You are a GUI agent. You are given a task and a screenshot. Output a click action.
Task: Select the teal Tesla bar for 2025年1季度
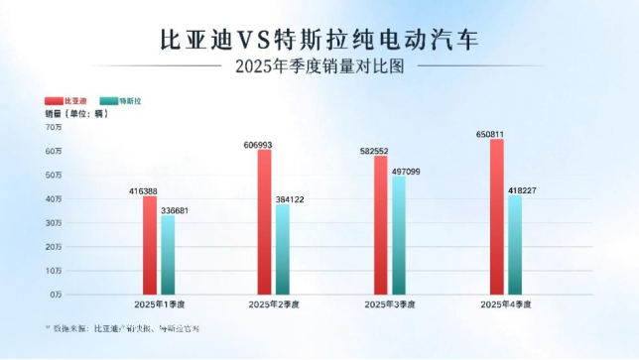pyautogui.click(x=168, y=255)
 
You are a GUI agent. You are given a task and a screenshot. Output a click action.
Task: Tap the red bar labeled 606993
pyautogui.click(x=264, y=222)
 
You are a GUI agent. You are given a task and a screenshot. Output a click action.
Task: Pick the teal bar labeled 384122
pyautogui.click(x=283, y=249)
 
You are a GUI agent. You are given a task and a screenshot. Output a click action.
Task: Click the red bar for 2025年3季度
pyautogui.click(x=380, y=225)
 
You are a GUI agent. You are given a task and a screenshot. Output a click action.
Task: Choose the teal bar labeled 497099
pyautogui.click(x=399, y=236)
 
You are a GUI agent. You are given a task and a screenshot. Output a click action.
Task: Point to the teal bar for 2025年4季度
pyautogui.click(x=515, y=245)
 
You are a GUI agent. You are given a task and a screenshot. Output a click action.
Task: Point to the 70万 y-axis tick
pyautogui.click(x=54, y=127)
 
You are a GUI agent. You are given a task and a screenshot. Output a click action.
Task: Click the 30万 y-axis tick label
pyautogui.click(x=54, y=223)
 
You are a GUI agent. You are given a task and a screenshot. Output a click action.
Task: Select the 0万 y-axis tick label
pyautogui.click(x=56, y=295)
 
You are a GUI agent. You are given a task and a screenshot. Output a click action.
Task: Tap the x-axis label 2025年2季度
pyautogui.click(x=274, y=304)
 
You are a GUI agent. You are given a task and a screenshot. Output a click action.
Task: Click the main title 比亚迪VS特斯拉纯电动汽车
pyautogui.click(x=319, y=40)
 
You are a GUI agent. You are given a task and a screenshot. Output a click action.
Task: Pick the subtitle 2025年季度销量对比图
pyautogui.click(x=320, y=67)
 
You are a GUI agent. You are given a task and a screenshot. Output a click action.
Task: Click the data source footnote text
pyautogui.click(x=120, y=326)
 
